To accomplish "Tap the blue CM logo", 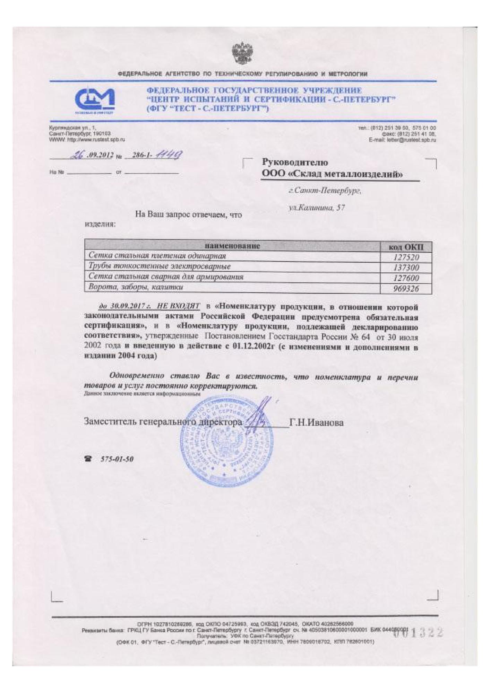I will coord(95,100).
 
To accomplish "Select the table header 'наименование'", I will coord(232,246).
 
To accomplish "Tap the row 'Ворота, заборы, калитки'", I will coord(136,287).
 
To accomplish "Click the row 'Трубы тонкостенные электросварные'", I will coord(160,266).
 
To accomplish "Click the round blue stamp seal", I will coord(225,442).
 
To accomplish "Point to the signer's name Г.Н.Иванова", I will coord(316,422).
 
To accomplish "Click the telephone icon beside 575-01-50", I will coord(88,459).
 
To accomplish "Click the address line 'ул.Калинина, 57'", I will coord(317,208).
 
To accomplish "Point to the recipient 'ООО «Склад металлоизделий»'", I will coord(332,174).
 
